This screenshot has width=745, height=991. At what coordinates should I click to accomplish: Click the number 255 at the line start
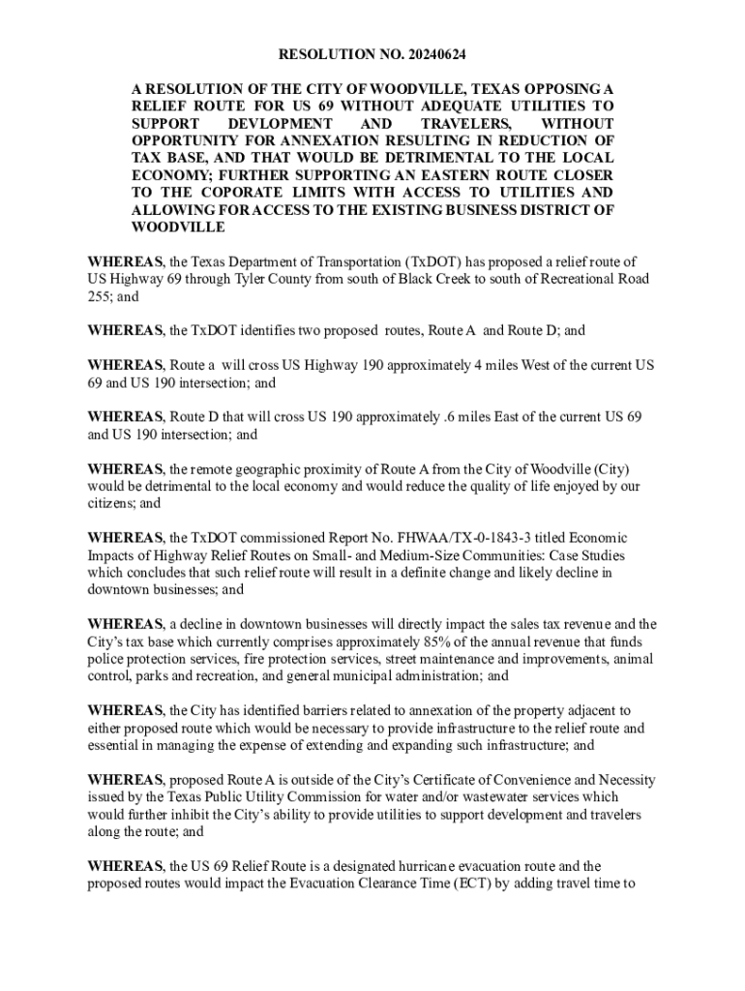pyautogui.click(x=100, y=296)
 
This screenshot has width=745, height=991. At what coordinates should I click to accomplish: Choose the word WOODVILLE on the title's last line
pyautogui.click(x=178, y=227)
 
